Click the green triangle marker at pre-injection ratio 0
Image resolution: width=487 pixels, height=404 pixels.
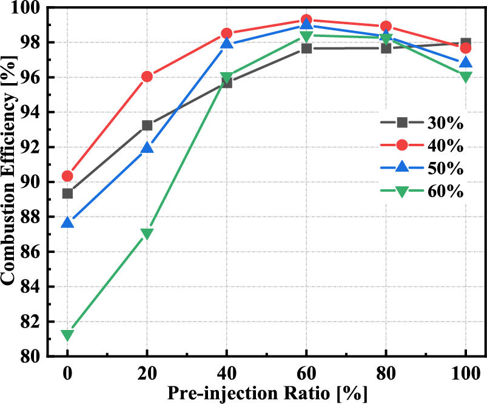click(67, 335)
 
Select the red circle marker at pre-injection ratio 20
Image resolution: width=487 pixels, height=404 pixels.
click(147, 76)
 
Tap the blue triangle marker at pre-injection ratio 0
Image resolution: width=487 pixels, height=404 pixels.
click(67, 223)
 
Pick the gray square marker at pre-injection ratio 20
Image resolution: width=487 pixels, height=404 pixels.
click(147, 125)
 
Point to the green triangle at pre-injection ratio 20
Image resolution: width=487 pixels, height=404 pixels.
click(147, 234)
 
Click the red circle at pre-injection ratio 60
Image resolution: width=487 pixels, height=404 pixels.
click(306, 20)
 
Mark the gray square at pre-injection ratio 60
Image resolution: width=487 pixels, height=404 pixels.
click(306, 48)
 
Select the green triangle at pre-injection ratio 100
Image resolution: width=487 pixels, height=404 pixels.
click(465, 77)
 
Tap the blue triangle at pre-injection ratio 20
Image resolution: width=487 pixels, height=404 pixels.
click(147, 147)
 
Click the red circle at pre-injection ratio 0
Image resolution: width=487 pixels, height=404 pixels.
click(67, 176)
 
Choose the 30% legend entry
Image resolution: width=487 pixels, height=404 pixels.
click(421, 123)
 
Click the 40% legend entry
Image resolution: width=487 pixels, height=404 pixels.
click(421, 146)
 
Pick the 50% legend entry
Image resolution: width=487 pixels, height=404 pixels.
click(421, 169)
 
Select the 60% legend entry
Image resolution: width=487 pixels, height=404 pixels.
click(421, 192)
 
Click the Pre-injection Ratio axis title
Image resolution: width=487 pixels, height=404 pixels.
click(267, 393)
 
